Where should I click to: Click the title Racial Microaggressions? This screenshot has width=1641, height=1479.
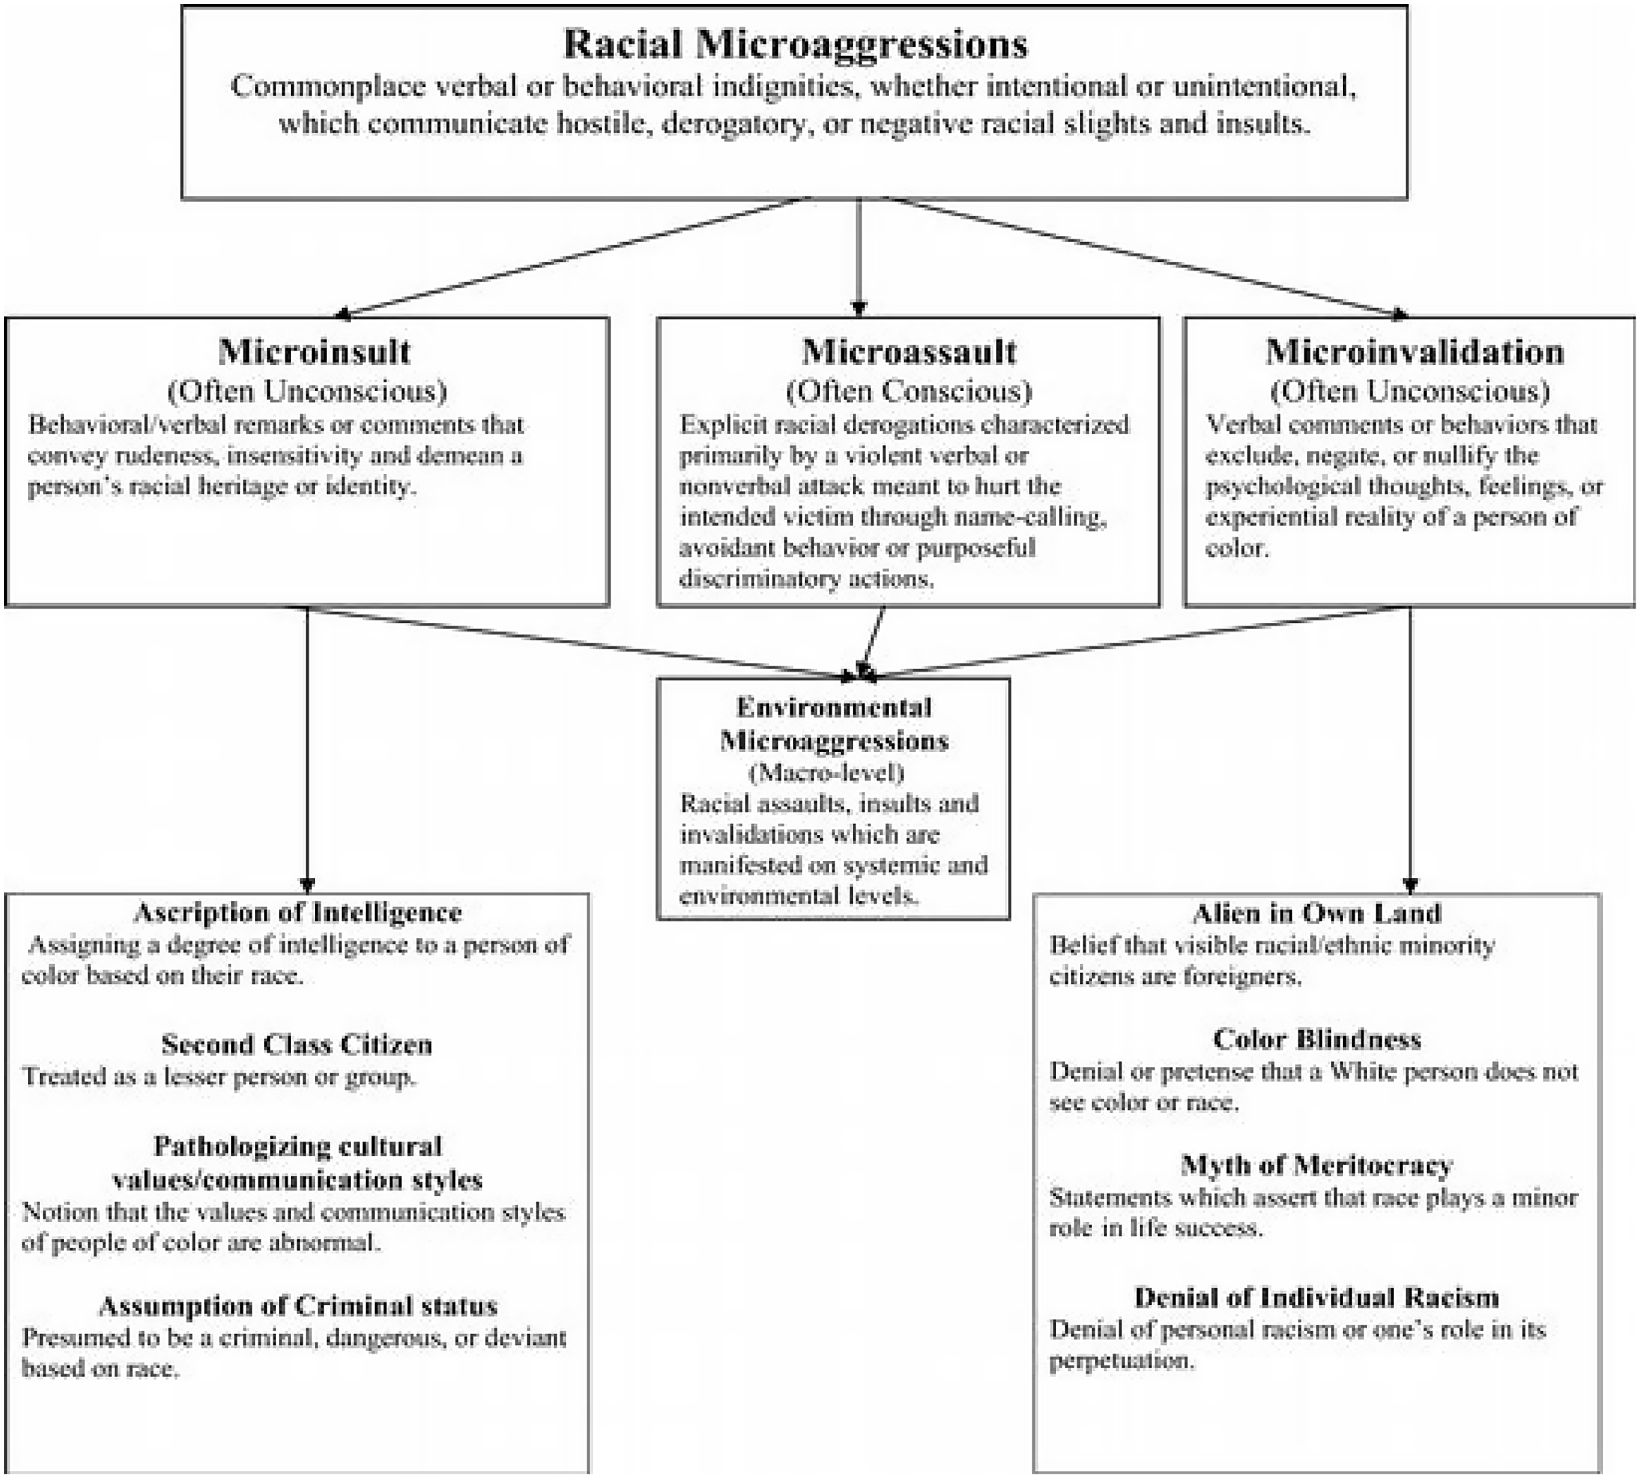pyautogui.click(x=795, y=44)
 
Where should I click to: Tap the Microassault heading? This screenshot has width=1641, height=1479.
pyautogui.click(x=909, y=352)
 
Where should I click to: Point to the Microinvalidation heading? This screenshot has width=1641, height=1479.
pyautogui.click(x=1415, y=352)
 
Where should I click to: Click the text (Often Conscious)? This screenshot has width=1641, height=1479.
pyautogui.click(x=909, y=391)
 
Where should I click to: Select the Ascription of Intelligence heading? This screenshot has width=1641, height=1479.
pyautogui.click(x=297, y=913)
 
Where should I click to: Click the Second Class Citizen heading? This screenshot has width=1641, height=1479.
pyautogui.click(x=297, y=1043)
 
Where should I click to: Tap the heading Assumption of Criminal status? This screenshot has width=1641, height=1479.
pyautogui.click(x=297, y=1306)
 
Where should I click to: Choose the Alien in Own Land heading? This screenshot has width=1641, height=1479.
pyautogui.click(x=1317, y=913)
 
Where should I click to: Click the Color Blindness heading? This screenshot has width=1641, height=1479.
pyautogui.click(x=1317, y=1039)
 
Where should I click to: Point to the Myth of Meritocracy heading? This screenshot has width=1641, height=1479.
pyautogui.click(x=1317, y=1166)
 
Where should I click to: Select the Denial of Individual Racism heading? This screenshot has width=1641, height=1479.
pyautogui.click(x=1317, y=1297)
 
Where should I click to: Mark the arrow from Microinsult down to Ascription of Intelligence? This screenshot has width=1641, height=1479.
pyautogui.click(x=307, y=747)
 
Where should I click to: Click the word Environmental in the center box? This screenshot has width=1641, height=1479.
pyautogui.click(x=834, y=707)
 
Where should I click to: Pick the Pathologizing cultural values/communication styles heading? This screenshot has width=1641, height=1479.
pyautogui.click(x=297, y=1162)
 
